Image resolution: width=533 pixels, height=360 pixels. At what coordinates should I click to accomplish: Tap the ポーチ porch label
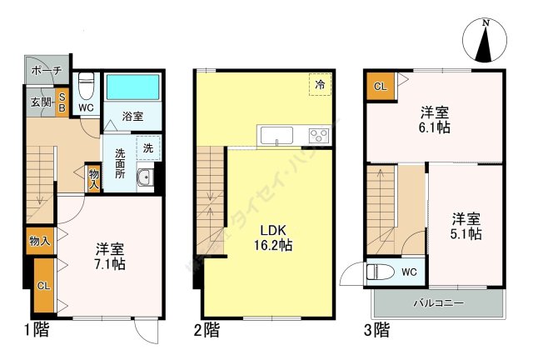(x=47, y=71)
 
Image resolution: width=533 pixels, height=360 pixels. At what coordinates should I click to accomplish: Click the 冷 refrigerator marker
(x=320, y=85)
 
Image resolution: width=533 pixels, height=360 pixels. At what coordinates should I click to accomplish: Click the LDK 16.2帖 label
(x=273, y=237)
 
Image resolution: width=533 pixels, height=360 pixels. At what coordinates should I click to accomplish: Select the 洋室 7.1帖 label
(x=110, y=256)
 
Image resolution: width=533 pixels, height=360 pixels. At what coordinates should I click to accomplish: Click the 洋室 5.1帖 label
(x=466, y=226)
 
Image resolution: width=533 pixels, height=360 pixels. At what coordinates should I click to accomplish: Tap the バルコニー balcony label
(x=438, y=302)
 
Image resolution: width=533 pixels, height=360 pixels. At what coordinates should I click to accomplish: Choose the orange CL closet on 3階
(x=379, y=87)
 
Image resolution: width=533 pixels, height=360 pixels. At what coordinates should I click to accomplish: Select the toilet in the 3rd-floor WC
(x=382, y=272)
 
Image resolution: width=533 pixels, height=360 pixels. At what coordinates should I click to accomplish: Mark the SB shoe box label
(x=62, y=103)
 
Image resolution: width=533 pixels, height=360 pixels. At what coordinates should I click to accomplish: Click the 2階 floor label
(x=207, y=331)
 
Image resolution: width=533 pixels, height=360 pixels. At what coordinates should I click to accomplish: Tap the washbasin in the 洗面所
(x=144, y=177)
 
